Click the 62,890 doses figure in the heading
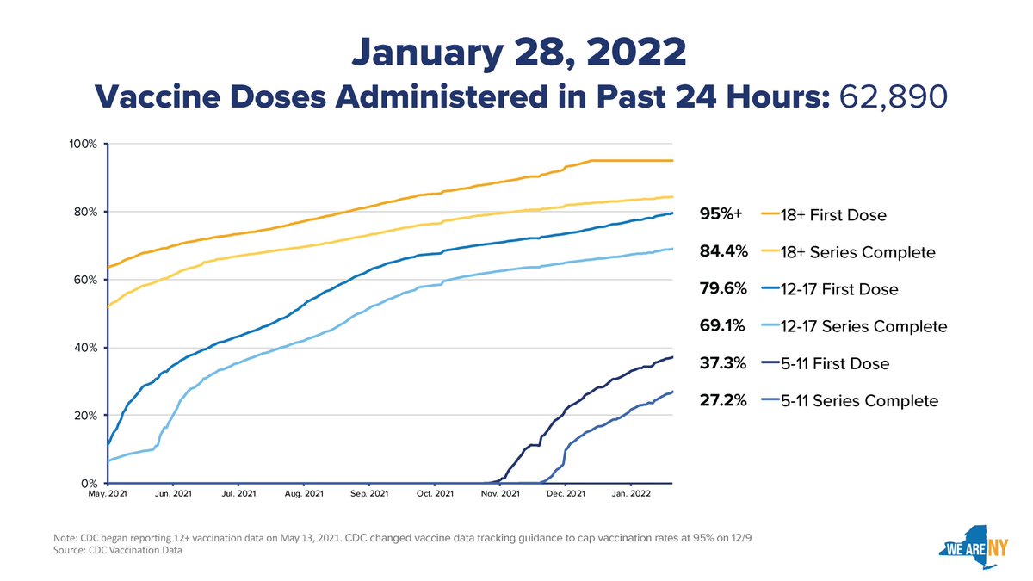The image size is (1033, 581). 893,97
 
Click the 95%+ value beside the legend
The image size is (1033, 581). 721,213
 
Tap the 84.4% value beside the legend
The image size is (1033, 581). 724,250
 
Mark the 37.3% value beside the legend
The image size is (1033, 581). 722,363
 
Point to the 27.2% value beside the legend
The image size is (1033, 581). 722,400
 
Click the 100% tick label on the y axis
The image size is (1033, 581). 83,145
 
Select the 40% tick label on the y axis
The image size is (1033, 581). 85,348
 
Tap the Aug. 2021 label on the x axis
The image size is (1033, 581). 304,493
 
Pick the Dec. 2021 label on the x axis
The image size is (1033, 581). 566,493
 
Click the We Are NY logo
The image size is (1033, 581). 973,547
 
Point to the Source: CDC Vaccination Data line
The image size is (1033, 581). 118,550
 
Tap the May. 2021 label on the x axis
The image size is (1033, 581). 108,493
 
